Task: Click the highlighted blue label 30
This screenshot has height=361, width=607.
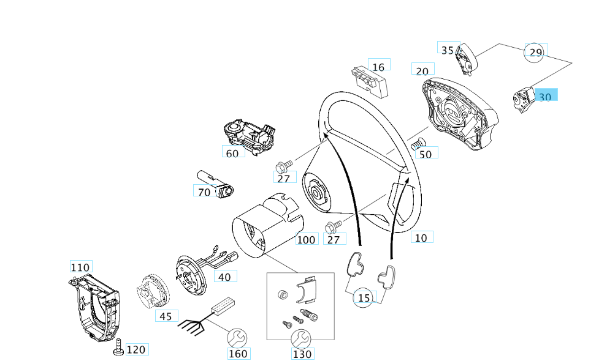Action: [546, 96]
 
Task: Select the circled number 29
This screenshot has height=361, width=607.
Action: [535, 53]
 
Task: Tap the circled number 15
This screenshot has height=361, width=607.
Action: [364, 297]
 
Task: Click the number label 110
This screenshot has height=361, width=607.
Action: [80, 267]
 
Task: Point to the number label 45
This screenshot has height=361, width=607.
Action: [166, 316]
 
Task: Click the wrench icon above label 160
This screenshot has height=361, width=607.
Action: [238, 338]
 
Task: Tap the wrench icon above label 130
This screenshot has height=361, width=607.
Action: [301, 338]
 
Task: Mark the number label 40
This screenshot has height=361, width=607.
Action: [224, 277]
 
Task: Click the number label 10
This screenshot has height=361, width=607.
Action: [421, 237]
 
